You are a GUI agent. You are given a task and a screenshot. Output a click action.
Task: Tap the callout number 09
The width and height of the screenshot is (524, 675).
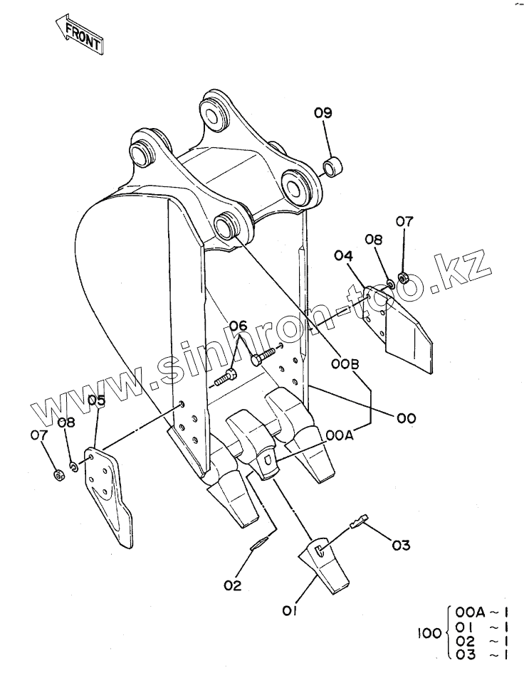(323, 113)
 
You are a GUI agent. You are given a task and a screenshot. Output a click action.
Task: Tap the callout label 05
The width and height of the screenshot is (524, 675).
(97, 401)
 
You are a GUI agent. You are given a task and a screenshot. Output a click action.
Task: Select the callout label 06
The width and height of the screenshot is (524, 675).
(238, 326)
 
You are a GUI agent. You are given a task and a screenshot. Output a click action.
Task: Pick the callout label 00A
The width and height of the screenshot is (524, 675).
(340, 435)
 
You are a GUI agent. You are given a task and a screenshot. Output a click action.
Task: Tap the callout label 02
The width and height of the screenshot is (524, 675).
(233, 585)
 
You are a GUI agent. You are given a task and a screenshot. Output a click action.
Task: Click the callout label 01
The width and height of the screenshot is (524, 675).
(289, 610)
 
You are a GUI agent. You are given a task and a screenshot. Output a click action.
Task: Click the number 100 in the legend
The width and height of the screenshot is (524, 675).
(426, 631)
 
